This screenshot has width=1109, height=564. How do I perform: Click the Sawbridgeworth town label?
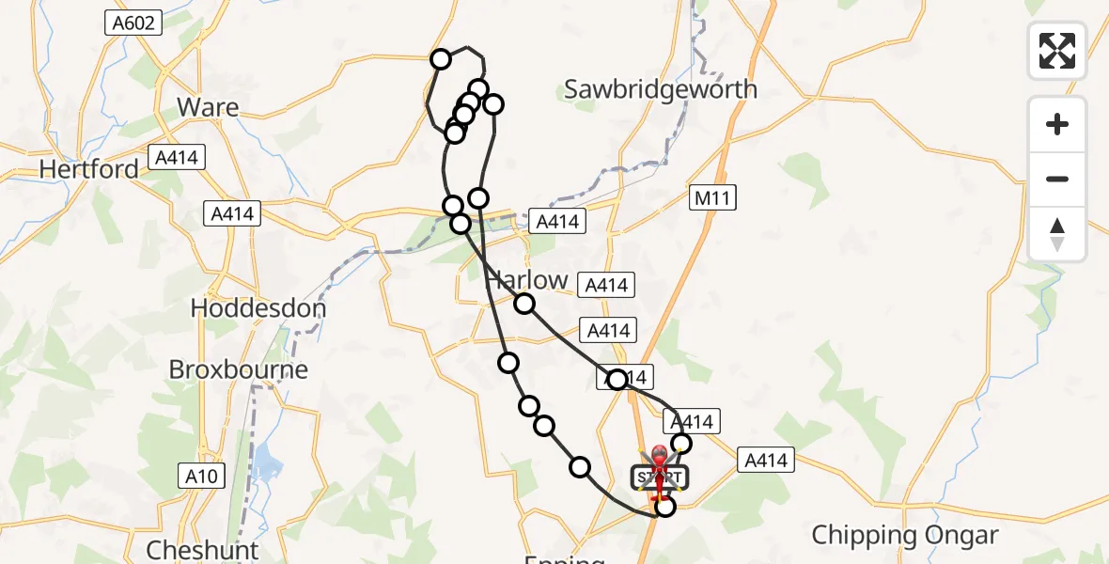[661, 89]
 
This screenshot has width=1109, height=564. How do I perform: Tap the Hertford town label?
[88, 169]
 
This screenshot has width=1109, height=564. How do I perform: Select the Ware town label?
[208, 107]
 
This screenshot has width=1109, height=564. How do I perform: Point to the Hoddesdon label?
[258, 308]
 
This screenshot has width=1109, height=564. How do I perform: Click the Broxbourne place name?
[239, 369]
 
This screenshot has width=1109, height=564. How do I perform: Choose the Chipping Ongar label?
[904, 536]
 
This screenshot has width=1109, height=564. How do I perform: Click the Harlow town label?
[526, 280]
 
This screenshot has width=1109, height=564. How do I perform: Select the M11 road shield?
[711, 197]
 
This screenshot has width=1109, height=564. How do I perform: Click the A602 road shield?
[132, 23]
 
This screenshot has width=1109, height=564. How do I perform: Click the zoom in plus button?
[1057, 124]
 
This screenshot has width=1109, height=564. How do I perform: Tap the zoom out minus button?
[1057, 179]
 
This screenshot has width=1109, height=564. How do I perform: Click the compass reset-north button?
[1057, 234]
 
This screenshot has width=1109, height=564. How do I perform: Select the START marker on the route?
[659, 477]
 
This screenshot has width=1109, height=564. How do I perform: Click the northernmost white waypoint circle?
[441, 60]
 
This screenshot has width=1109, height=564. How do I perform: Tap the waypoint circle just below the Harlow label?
[524, 304]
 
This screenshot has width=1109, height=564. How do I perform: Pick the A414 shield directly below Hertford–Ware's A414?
[232, 214]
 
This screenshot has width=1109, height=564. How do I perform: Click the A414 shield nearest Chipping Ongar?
[766, 461]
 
